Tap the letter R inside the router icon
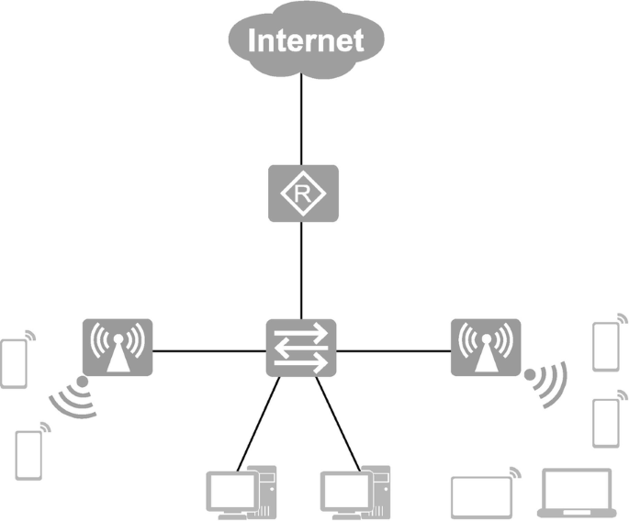[x=302, y=193]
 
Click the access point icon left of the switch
[x=118, y=347]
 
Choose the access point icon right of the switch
[x=486, y=347]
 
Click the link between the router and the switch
[x=302, y=271]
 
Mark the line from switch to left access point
[x=209, y=349]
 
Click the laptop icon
[x=578, y=493]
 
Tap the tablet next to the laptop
[x=479, y=496]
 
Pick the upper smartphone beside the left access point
[x=14, y=362]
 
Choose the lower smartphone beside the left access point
[x=28, y=453]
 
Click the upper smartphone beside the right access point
[x=604, y=346]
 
